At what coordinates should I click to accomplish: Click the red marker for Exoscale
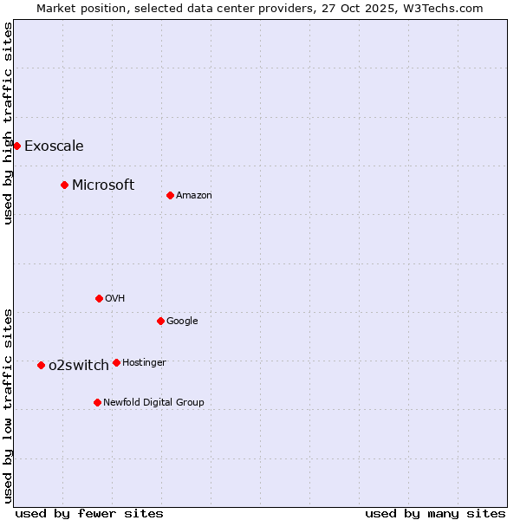coord(16,146)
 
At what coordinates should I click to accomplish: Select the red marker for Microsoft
coord(64,185)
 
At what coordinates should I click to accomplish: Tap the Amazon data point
coord(170,195)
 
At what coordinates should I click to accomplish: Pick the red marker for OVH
coord(99,298)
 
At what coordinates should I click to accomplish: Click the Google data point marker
coord(160,321)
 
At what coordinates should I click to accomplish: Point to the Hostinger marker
coord(116,362)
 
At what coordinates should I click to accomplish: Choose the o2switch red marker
coord(41,365)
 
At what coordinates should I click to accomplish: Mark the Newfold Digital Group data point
coord(97,402)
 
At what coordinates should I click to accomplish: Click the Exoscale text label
coord(54,146)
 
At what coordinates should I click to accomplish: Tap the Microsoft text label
coord(103,185)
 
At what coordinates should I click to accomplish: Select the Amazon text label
coord(194,195)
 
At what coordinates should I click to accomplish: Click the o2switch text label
coord(79,365)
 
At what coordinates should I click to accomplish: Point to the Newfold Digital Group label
coord(154,402)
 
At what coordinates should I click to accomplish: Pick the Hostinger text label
coord(144,362)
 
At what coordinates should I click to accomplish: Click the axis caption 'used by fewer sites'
coord(89,513)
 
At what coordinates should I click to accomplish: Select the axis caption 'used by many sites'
coord(435,513)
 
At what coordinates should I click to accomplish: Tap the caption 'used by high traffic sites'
coord(8,123)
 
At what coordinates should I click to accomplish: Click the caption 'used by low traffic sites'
coord(8,406)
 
